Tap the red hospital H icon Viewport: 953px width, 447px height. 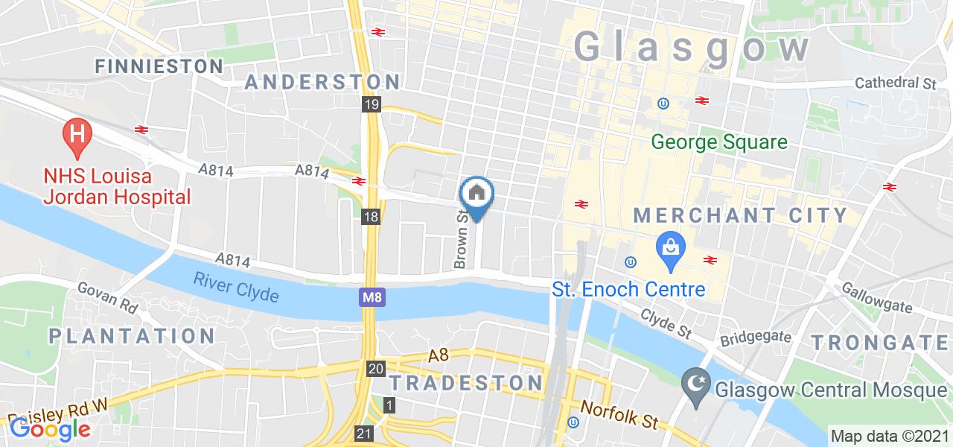click(x=76, y=134)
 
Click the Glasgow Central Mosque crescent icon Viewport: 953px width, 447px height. click(x=695, y=389)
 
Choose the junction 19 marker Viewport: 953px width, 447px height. click(x=372, y=104)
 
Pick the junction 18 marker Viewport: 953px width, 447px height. click(x=372, y=217)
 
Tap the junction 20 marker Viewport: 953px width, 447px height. click(x=376, y=369)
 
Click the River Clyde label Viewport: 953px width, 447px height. click(x=237, y=288)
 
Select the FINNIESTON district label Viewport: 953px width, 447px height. click(x=159, y=66)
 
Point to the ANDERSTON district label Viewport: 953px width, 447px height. click(x=322, y=82)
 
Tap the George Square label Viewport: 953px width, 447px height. click(x=719, y=142)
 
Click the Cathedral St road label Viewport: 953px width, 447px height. click(x=895, y=83)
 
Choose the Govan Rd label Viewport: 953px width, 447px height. click(x=108, y=298)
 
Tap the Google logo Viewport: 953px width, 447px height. click(x=50, y=429)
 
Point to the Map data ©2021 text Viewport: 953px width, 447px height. click(x=889, y=436)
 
